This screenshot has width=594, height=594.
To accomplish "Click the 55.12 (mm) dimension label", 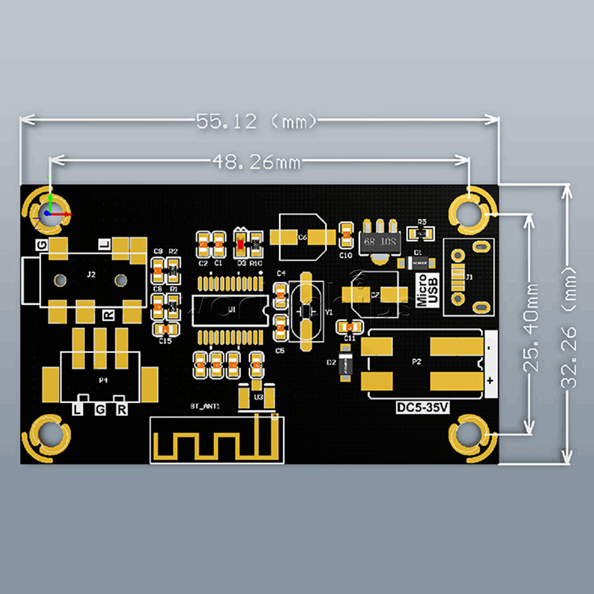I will [x=257, y=121].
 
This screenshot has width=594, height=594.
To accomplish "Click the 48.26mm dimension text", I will [x=256, y=162].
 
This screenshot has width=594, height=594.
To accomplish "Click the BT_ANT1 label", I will [x=205, y=406].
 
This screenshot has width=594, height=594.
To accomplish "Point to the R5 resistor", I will [x=422, y=232].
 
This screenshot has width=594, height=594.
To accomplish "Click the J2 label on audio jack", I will [x=91, y=274].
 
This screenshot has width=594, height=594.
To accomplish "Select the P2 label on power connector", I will [x=417, y=361].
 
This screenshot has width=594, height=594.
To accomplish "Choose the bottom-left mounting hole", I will [x=50, y=437].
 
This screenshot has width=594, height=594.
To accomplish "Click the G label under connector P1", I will [x=100, y=410].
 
